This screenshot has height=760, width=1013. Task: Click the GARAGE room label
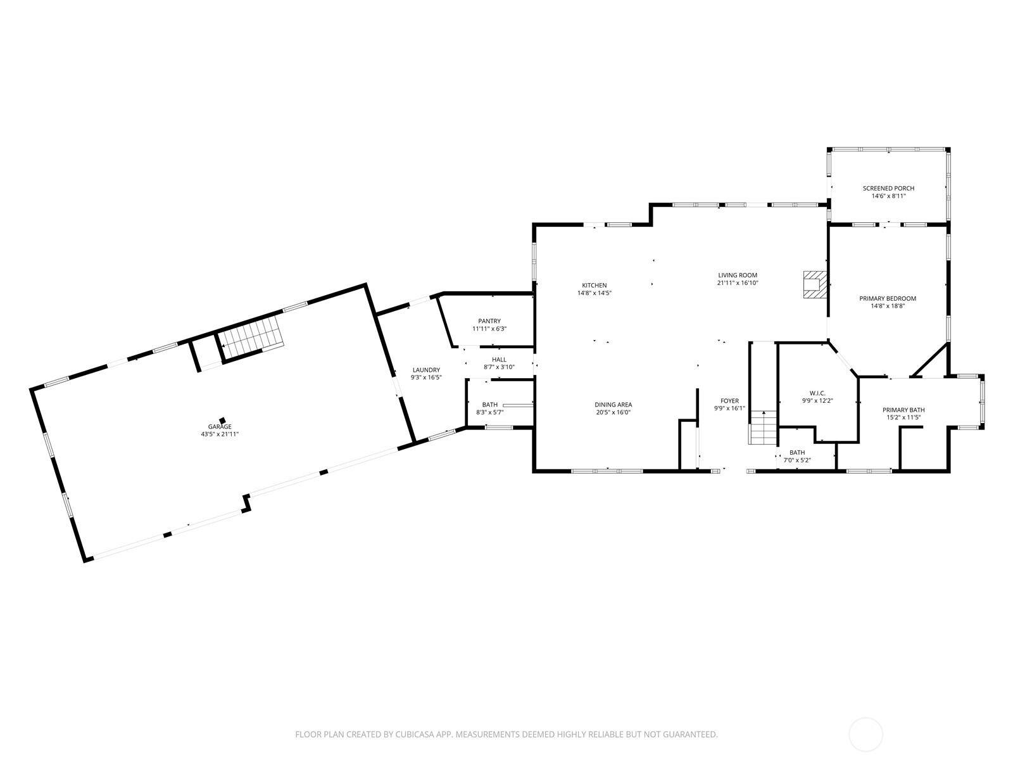click(219, 426)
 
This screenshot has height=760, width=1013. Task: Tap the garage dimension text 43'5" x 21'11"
click(220, 434)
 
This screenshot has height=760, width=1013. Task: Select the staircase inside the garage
click(251, 332)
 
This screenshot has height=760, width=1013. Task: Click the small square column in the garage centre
click(222, 421)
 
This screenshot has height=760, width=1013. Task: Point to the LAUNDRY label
click(426, 370)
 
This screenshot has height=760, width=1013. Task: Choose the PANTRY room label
click(489, 321)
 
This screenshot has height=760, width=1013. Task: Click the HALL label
click(499, 360)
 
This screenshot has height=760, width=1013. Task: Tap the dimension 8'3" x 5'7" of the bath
click(489, 412)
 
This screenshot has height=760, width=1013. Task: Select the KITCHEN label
click(595, 285)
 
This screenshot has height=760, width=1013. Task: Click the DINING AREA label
click(613, 405)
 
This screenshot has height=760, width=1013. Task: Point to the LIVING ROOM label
click(738, 275)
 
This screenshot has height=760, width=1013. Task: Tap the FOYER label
click(729, 401)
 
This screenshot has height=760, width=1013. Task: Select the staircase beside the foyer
click(764, 427)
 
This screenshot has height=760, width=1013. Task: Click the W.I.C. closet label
click(817, 393)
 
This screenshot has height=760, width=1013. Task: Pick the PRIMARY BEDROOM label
click(888, 298)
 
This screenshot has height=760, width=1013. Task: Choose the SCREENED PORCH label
click(888, 188)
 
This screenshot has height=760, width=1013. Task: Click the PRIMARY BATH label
click(903, 410)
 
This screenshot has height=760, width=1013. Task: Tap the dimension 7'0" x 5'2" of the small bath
click(797, 460)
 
